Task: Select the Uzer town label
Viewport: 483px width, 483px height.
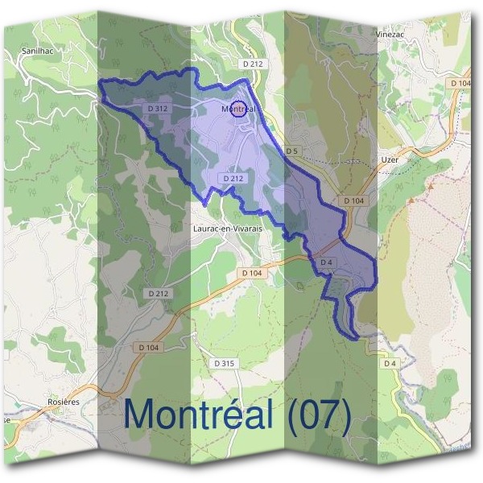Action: tap(390, 159)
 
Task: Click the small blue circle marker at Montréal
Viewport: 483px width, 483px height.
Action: tap(238, 109)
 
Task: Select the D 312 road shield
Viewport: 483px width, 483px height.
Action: tap(158, 108)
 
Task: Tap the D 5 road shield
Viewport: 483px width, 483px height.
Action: tap(291, 151)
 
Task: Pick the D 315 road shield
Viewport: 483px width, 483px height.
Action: tap(225, 364)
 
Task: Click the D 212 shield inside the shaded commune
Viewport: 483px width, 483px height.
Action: tap(233, 178)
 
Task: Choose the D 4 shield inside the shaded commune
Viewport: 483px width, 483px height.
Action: tap(326, 262)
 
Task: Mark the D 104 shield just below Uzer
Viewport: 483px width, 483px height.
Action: tap(353, 200)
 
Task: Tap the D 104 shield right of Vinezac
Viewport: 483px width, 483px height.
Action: tap(460, 83)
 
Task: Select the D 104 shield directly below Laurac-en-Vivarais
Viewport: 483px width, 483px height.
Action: tap(251, 274)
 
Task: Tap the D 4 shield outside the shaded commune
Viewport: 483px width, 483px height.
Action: tap(390, 364)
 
